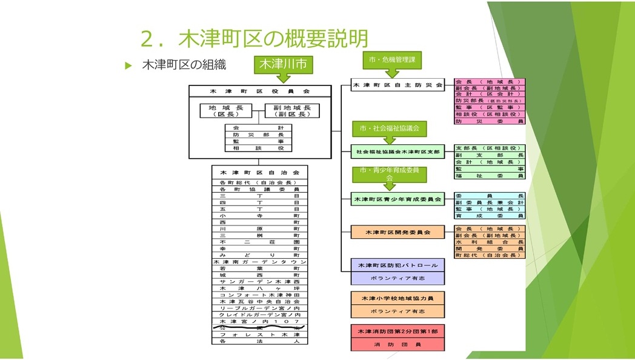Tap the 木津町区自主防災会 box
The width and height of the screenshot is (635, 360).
pos(397,85)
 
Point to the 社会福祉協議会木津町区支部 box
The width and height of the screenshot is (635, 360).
pos(397,151)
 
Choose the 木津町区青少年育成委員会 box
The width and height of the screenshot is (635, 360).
pos(397,199)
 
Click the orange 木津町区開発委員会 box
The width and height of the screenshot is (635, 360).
pos(397,232)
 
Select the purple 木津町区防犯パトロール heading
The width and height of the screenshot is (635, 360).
pos(397,265)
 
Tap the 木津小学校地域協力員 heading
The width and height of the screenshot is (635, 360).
pos(397,298)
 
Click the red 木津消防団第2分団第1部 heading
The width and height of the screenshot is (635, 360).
pos(397,332)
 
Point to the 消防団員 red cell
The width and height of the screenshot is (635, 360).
pos(397,344)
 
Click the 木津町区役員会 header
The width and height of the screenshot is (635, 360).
pos(259,91)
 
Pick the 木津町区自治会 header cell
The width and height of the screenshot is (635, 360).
pos(259,172)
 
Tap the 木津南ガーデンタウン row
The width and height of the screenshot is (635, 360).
pos(259,262)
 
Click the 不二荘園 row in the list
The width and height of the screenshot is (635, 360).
pos(259,242)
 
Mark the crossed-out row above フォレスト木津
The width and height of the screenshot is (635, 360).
pos(259,328)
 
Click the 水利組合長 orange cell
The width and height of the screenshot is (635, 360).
pos(489,242)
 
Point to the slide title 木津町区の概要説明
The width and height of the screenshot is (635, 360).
pos(254,38)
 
